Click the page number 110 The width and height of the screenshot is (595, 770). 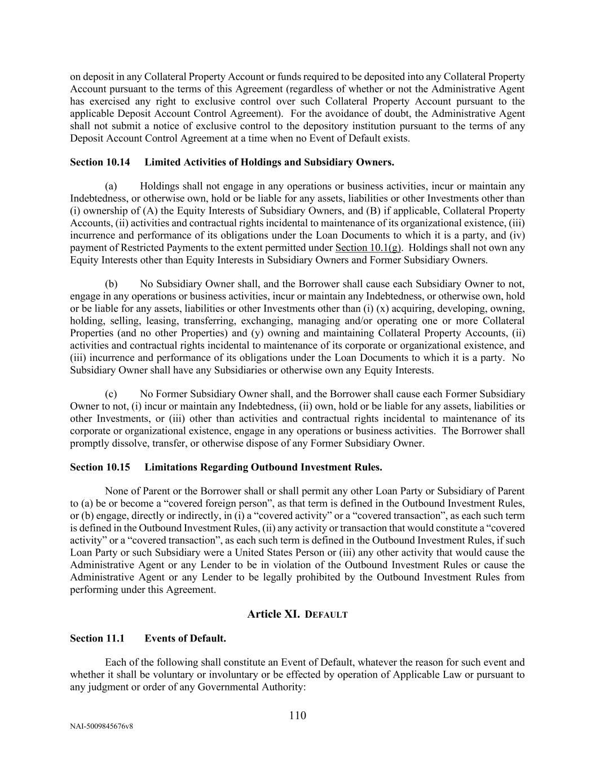pos(297,716)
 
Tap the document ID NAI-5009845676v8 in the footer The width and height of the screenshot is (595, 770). pos(102,727)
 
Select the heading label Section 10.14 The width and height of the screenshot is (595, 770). pos(100,162)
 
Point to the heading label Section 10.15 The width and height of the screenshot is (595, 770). pos(100,468)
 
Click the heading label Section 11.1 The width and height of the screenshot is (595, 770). pos(97,639)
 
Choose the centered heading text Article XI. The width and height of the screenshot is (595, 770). pos(274,614)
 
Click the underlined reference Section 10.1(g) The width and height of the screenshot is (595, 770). pos(368,248)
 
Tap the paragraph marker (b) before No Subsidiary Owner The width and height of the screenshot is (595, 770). pos(111,284)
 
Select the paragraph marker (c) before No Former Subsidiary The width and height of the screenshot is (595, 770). pos(111,394)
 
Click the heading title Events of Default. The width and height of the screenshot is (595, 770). pos(185,639)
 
